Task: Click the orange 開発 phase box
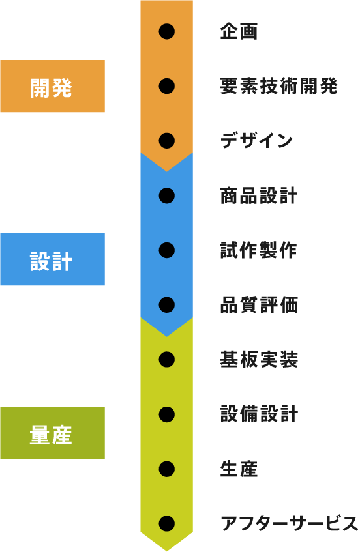click(x=52, y=86)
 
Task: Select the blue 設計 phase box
click(x=52, y=259)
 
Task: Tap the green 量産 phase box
click(x=52, y=433)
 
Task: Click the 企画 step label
click(x=239, y=32)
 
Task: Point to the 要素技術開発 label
click(x=279, y=86)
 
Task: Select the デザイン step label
click(x=256, y=141)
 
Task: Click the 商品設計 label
click(x=259, y=196)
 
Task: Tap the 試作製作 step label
click(x=259, y=250)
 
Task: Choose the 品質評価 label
click(x=260, y=305)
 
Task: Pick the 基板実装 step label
click(x=260, y=360)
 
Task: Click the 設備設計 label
click(x=260, y=414)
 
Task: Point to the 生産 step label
click(x=239, y=469)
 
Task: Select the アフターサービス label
click(x=290, y=523)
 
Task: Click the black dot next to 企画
click(x=166, y=32)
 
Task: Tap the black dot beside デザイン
click(x=166, y=141)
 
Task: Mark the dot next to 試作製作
click(x=166, y=250)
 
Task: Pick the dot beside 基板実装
click(x=166, y=360)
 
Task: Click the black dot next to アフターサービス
click(x=166, y=523)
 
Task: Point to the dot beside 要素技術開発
click(x=166, y=86)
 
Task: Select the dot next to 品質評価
click(x=166, y=305)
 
